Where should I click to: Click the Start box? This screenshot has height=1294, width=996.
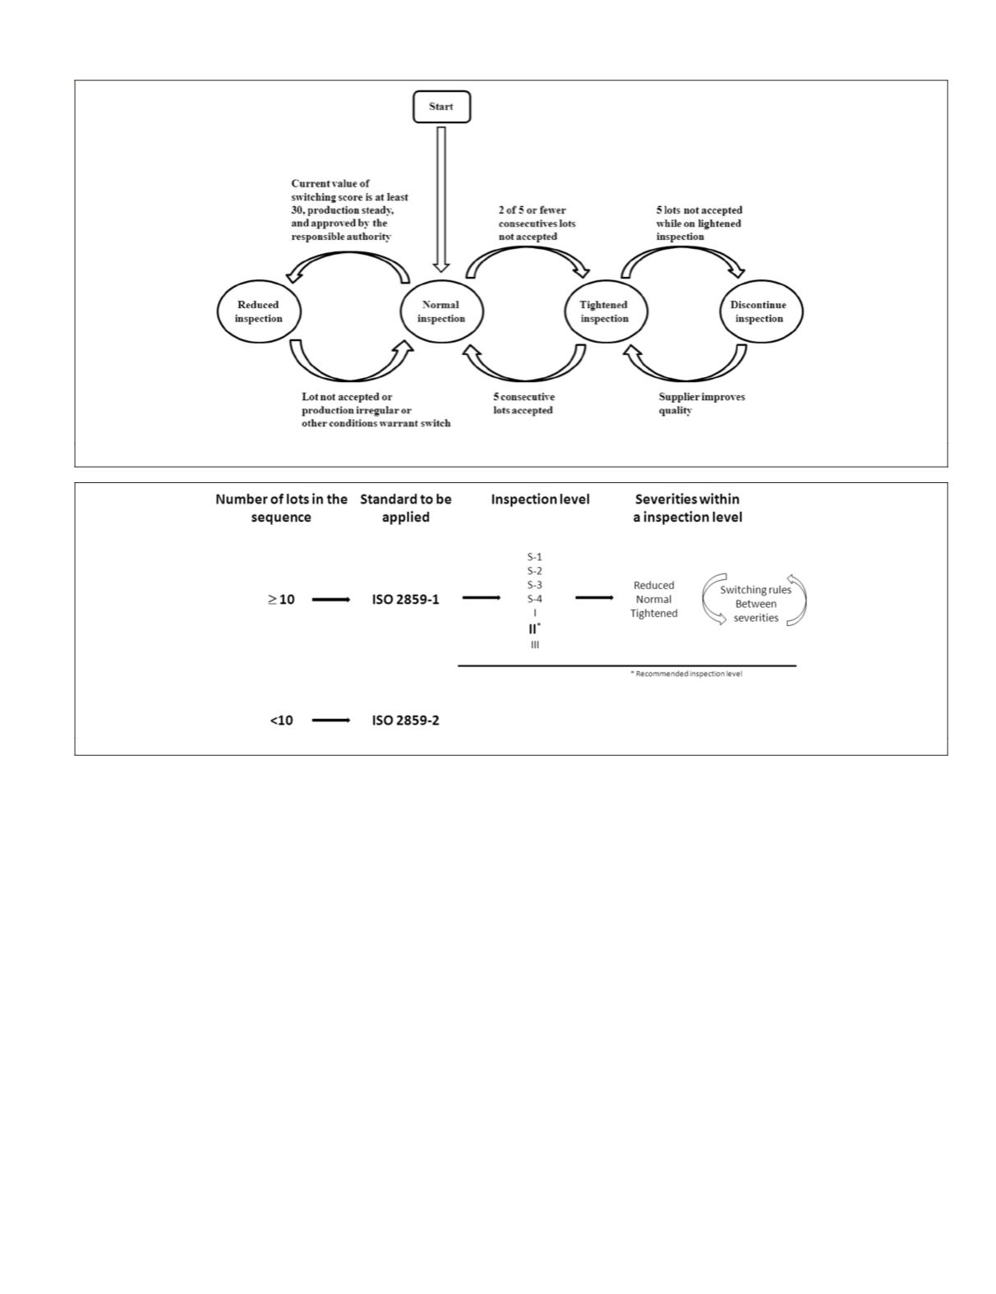coord(441,107)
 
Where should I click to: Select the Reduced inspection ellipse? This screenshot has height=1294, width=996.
coord(259,311)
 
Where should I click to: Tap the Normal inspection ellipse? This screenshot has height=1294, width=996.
coord(441,311)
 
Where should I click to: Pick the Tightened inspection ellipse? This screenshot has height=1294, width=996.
coord(604,311)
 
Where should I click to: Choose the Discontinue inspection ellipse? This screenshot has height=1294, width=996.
coord(759,311)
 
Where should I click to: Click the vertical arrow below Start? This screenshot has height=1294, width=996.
coord(441,198)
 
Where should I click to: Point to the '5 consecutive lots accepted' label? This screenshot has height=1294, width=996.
coord(523,403)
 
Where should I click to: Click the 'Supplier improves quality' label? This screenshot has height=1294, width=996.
coord(701,403)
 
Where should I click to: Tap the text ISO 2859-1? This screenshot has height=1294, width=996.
coord(405,600)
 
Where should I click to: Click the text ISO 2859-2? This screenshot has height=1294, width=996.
coord(405,721)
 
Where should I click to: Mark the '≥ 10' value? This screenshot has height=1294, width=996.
coord(281,600)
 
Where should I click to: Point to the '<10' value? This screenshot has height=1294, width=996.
coord(281,721)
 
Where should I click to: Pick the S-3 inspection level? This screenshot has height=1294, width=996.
coord(535,585)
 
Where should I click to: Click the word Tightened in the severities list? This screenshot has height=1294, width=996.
coord(654,614)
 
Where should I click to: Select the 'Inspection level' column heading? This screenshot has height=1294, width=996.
coord(540,500)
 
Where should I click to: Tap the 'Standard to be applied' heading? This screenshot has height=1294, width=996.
coord(405,508)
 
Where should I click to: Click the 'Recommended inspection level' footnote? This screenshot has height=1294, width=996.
coord(686,674)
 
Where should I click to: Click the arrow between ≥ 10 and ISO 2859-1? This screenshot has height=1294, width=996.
coord(331,600)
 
